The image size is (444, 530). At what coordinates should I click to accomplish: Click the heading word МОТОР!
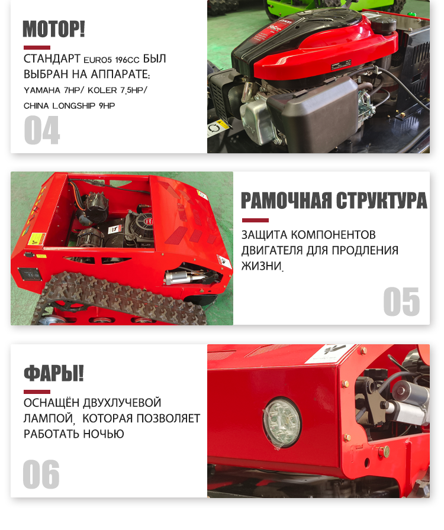click(x=53, y=29)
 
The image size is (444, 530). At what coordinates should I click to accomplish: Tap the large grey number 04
click(x=42, y=130)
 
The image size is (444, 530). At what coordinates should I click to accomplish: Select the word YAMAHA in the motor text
click(x=42, y=91)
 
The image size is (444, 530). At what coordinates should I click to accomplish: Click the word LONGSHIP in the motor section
click(x=74, y=106)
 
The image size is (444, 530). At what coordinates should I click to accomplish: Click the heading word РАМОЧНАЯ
click(x=287, y=201)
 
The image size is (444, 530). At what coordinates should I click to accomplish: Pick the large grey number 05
click(x=401, y=302)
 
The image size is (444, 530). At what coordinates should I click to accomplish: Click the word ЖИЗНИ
click(x=262, y=266)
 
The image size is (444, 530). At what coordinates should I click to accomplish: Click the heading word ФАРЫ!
click(x=53, y=373)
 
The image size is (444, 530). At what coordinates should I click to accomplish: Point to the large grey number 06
click(x=41, y=474)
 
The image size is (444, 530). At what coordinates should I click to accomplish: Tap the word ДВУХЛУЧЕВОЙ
click(x=122, y=403)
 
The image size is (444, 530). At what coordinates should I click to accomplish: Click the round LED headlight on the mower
click(x=282, y=423)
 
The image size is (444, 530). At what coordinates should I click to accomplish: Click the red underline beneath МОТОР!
click(x=37, y=48)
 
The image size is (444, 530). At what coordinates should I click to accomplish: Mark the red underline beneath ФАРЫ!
click(x=37, y=392)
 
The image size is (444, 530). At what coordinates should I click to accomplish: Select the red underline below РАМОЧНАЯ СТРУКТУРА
click(x=256, y=221)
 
